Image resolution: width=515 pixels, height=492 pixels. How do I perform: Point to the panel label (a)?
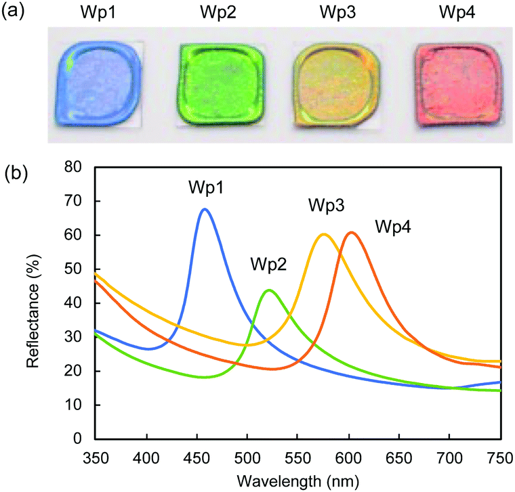pyautogui.click(x=14, y=12)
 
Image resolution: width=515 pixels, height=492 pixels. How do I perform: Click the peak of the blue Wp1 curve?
pyautogui.click(x=204, y=209)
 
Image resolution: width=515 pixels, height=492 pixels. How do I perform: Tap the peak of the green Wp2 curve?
pyautogui.click(x=269, y=290)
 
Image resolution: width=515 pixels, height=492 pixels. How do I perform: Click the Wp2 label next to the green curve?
pyautogui.click(x=268, y=263)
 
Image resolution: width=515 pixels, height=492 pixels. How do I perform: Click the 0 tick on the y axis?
pyautogui.click(x=82, y=439)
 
